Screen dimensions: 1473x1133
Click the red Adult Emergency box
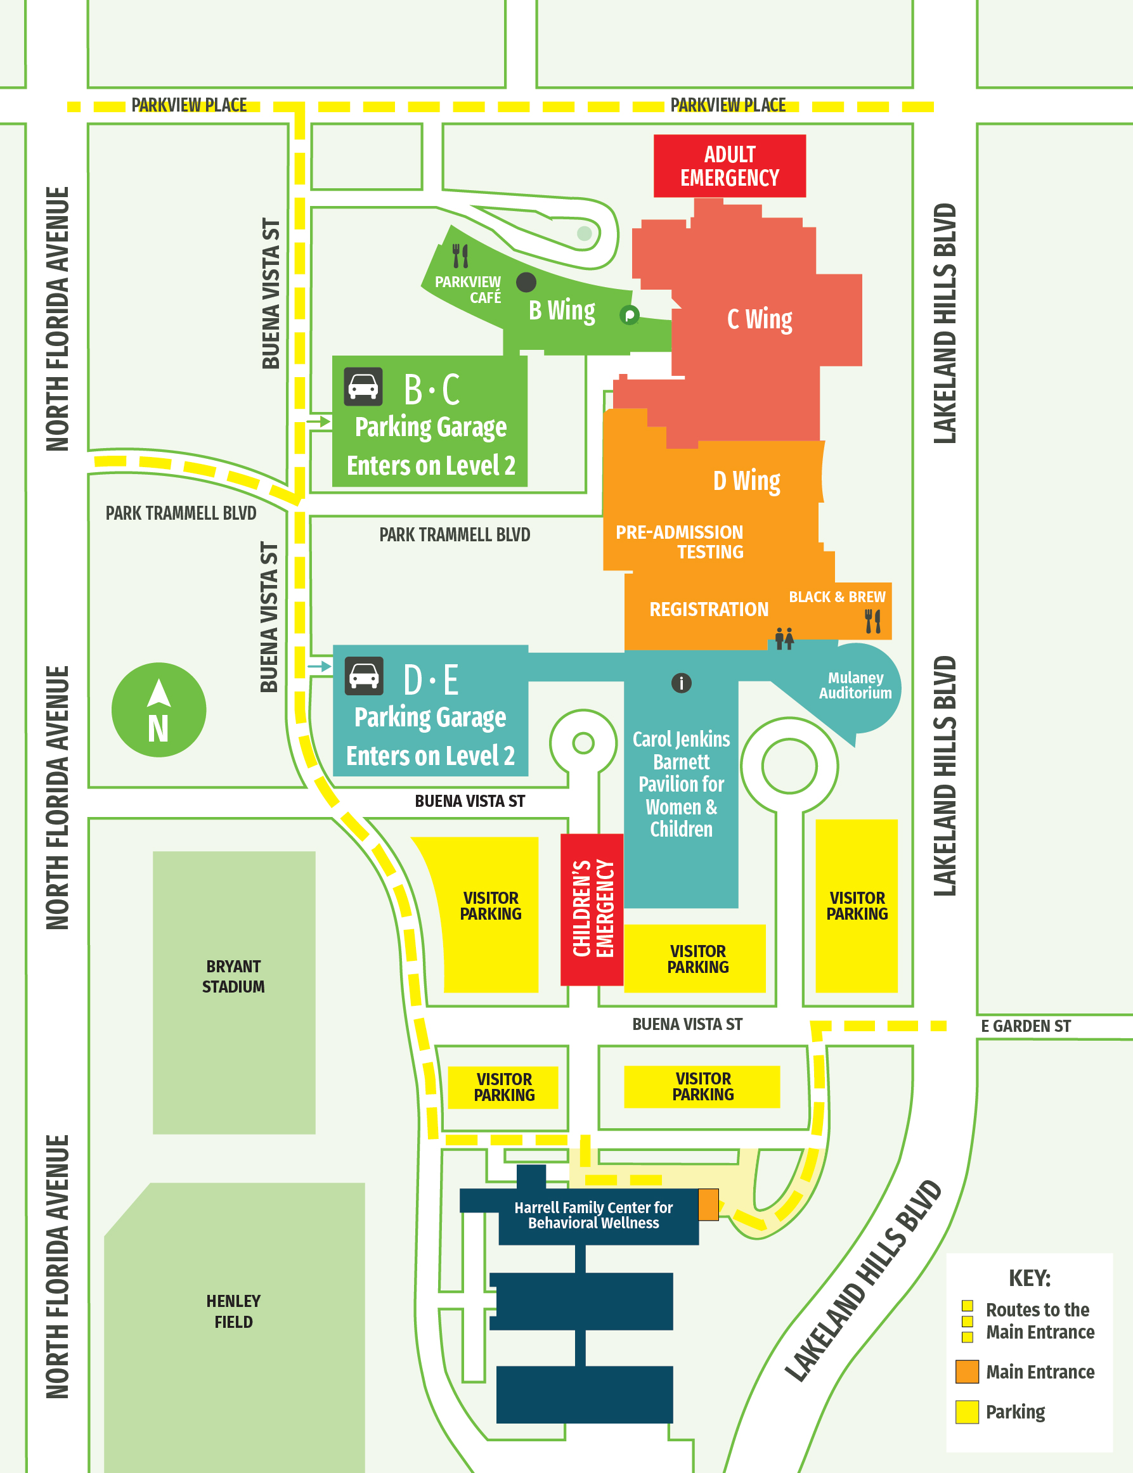(729, 166)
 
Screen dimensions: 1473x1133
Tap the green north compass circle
(159, 710)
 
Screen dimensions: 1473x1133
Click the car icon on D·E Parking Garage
(364, 676)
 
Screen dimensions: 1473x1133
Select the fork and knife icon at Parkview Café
(460, 255)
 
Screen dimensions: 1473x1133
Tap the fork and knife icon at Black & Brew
(872, 621)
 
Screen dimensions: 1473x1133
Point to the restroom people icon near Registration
(784, 638)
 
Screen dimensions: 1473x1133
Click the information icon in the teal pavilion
(681, 683)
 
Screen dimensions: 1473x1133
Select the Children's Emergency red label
(592, 909)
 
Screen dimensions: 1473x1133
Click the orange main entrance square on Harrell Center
(708, 1204)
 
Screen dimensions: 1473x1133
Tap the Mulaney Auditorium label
(855, 685)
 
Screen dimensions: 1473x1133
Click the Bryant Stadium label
(233, 976)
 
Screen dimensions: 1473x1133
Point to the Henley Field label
(233, 1311)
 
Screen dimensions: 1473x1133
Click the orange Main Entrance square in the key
(966, 1372)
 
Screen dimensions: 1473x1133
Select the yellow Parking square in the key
(966, 1412)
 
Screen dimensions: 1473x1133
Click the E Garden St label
(1025, 1026)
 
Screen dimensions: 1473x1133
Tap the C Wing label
(760, 319)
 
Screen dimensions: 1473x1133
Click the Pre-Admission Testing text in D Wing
(680, 541)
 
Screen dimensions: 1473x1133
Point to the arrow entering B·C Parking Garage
(319, 422)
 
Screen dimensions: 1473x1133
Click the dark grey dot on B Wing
(526, 282)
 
